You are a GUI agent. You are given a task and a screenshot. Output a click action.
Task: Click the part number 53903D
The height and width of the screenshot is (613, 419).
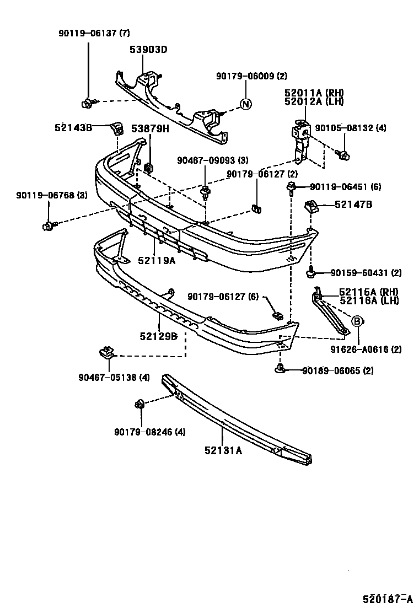148,50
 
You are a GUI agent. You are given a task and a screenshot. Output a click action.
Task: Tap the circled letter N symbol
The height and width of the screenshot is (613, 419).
246,104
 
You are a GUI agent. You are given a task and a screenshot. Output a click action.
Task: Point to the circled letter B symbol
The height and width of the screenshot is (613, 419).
357,321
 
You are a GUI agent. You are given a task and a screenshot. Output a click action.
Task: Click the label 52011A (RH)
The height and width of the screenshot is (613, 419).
314,93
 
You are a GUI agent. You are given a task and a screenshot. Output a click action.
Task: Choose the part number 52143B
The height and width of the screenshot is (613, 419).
73,127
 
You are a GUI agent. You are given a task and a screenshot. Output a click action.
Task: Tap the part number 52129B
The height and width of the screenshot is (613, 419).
158,336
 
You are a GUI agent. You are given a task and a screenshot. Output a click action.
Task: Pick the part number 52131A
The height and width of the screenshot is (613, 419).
223,450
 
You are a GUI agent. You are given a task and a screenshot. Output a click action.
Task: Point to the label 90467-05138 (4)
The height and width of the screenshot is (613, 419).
114,378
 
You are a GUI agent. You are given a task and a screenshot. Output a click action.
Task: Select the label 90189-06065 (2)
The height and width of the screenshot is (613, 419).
337,371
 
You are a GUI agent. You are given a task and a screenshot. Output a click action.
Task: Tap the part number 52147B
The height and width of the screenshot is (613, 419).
353,205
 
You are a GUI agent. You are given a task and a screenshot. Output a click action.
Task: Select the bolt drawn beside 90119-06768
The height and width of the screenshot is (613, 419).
49,225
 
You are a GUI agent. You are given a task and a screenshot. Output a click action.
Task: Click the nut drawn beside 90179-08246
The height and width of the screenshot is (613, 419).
139,405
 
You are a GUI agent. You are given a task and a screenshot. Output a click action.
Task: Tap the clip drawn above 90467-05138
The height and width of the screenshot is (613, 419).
106,351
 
